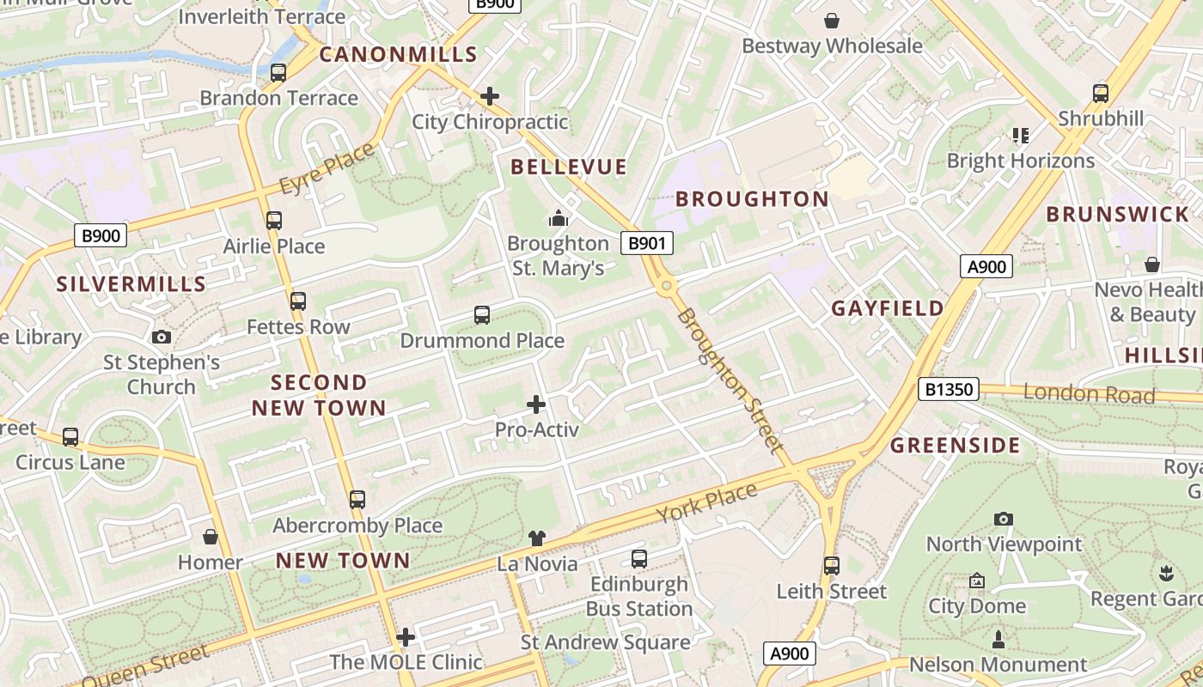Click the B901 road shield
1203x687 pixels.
(647, 243)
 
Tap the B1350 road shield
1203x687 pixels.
(949, 389)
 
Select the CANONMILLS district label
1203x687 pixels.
(399, 54)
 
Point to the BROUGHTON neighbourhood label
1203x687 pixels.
(752, 198)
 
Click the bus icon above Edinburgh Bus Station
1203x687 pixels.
(639, 559)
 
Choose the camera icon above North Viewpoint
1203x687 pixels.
(1004, 519)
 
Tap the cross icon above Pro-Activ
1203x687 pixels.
(536, 404)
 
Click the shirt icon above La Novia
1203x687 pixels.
(537, 538)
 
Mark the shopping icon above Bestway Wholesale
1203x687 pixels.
(832, 21)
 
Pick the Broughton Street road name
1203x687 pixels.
(730, 380)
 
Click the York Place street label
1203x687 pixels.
(707, 503)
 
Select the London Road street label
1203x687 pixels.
(1089, 393)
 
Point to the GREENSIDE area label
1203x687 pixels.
(955, 445)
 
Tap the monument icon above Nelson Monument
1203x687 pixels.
(998, 639)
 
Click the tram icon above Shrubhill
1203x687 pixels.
(1101, 94)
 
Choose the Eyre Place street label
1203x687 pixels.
(327, 167)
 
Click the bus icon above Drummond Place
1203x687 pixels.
(482, 315)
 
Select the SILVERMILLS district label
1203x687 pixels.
(131, 283)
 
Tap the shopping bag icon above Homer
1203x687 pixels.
(211, 538)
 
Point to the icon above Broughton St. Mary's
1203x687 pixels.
(559, 218)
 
